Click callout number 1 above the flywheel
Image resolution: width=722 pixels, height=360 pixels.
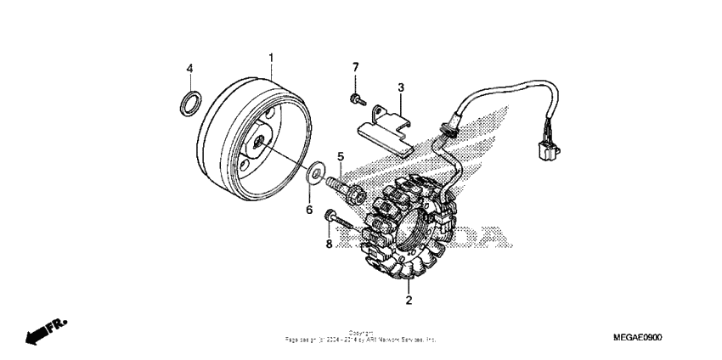tap(271, 58)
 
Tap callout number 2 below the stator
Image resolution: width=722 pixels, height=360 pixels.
tap(409, 301)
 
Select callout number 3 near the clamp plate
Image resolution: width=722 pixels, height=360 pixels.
tap(401, 87)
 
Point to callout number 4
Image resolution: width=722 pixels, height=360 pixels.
tap(190, 68)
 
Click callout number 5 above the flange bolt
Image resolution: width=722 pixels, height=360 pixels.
tap(341, 156)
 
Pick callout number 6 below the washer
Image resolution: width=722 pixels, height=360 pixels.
tap(309, 209)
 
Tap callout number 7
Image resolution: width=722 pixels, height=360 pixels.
tap(356, 67)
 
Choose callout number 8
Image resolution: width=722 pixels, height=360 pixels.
tap(328, 243)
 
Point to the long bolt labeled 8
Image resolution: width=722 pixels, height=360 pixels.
tap(341, 222)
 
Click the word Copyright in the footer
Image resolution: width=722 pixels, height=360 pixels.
tap(361, 334)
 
